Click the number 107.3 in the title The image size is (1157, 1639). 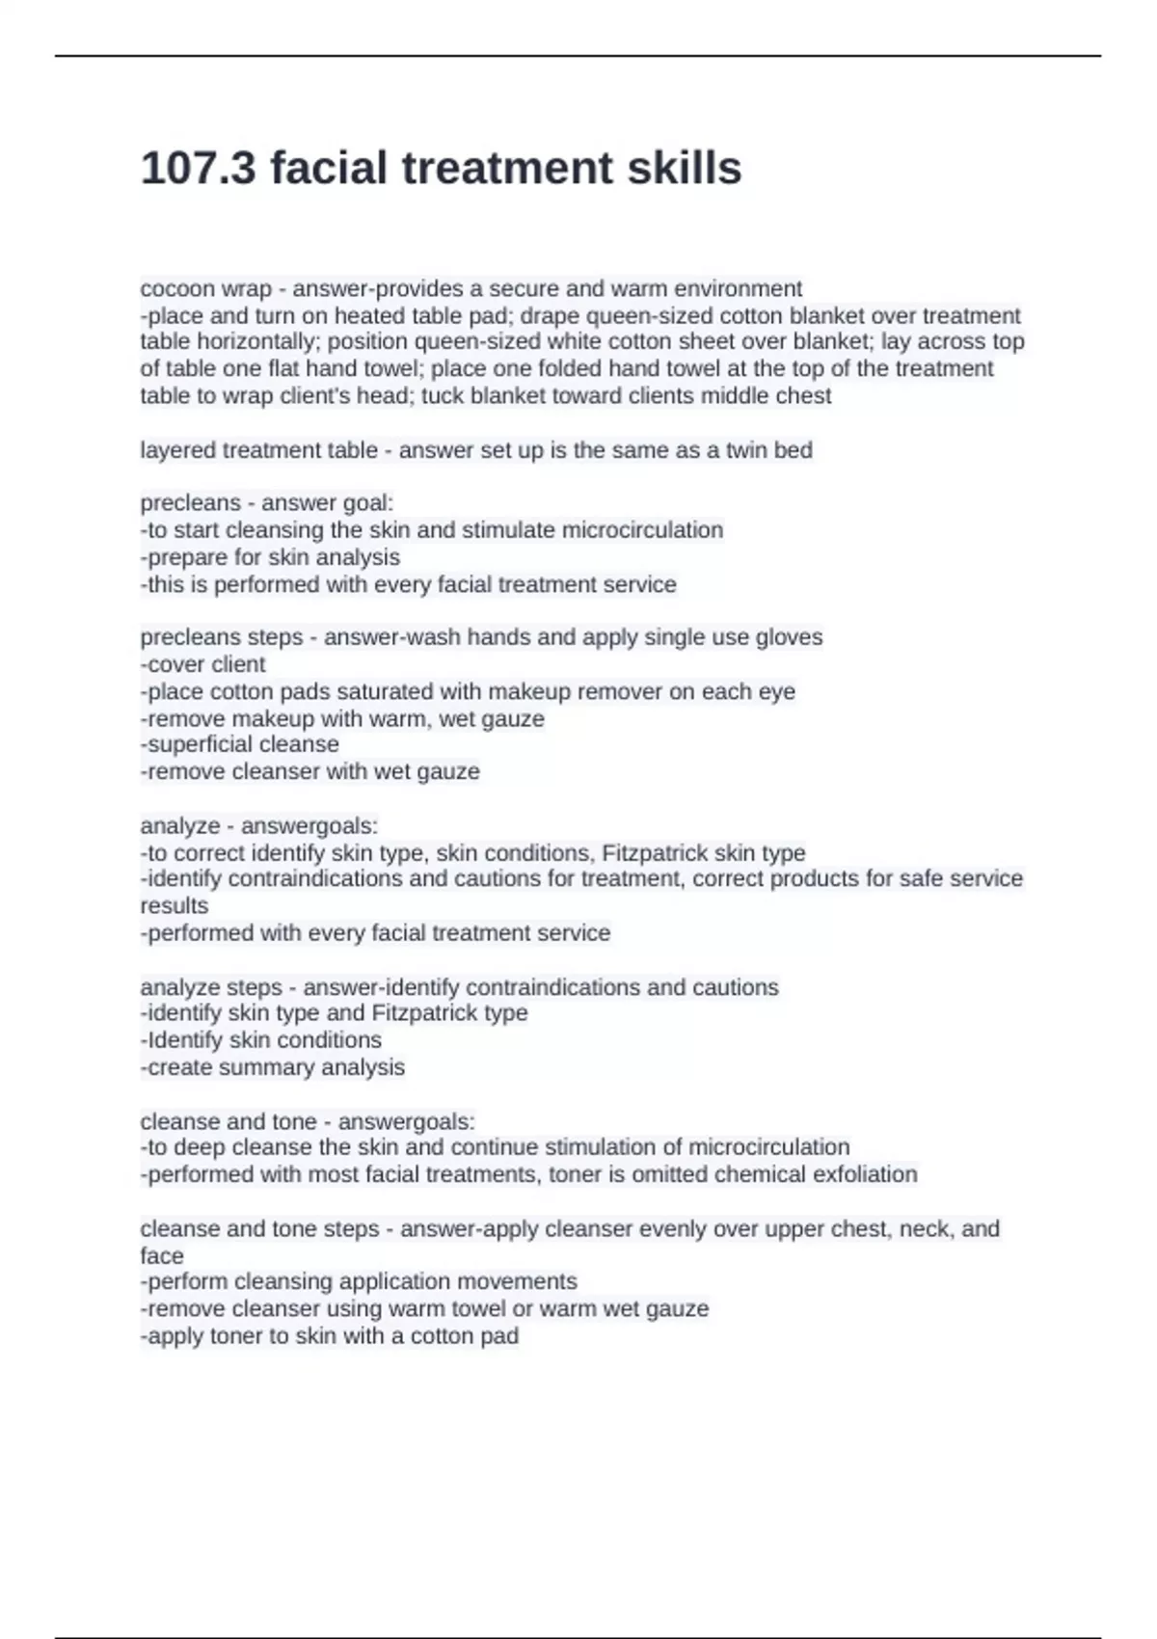coord(199,169)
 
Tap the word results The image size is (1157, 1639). coord(175,906)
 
